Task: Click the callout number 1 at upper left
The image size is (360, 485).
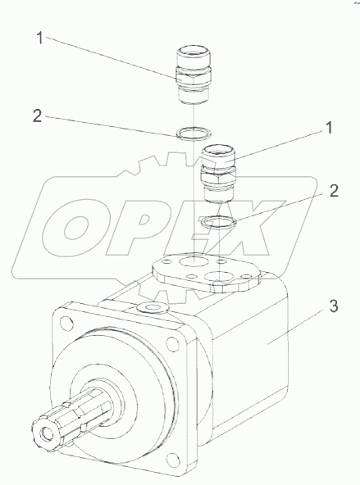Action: click(x=40, y=38)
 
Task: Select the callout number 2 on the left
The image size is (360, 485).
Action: click(x=38, y=116)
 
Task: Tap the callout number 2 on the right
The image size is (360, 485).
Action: click(x=334, y=191)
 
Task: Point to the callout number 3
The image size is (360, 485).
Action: click(x=334, y=306)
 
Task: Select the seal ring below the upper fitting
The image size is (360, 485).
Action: click(x=194, y=134)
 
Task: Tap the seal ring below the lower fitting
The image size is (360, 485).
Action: click(x=218, y=222)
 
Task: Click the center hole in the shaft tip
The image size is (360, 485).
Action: click(x=48, y=433)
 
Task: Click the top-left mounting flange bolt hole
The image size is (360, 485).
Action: click(x=66, y=322)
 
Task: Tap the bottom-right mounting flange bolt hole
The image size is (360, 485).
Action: click(x=173, y=460)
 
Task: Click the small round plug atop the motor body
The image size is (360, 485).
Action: click(x=152, y=307)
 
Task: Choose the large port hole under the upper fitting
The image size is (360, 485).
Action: click(x=194, y=261)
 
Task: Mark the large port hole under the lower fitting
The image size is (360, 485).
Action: click(x=219, y=277)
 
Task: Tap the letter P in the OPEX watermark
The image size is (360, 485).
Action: click(x=142, y=228)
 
